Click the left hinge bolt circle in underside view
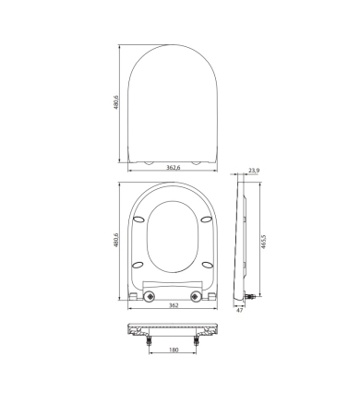click(x=148, y=296)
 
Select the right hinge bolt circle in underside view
click(x=195, y=296)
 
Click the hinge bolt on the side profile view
click(x=251, y=297)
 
